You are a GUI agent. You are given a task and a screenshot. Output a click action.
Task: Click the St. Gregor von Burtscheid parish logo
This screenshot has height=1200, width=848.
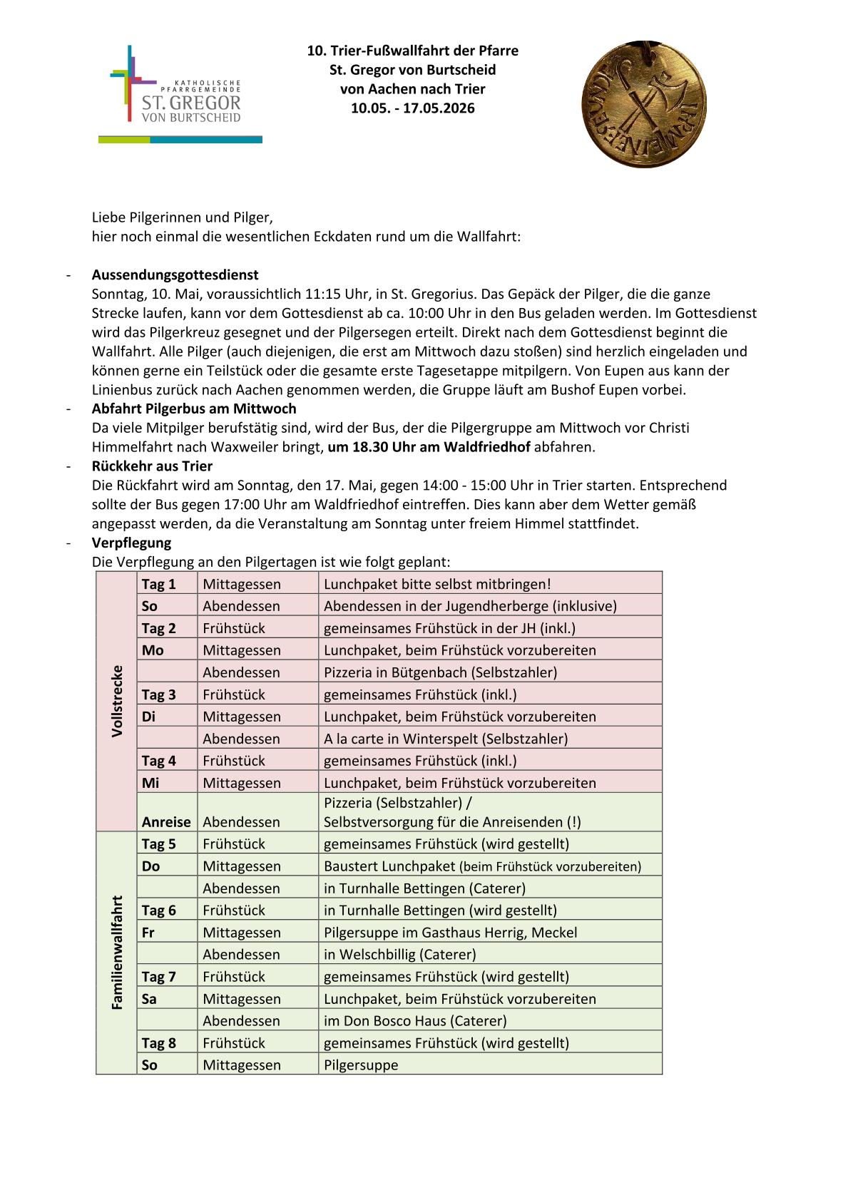coord(180,95)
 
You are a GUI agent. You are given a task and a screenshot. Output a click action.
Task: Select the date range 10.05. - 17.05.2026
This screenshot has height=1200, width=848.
coord(412,108)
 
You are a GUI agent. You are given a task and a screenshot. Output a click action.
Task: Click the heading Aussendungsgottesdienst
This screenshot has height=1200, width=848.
coord(175,275)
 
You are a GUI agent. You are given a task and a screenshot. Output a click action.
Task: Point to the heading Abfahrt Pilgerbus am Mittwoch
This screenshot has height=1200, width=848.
coord(193,409)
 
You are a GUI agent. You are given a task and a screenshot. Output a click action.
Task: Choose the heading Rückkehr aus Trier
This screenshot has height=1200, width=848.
coord(152,466)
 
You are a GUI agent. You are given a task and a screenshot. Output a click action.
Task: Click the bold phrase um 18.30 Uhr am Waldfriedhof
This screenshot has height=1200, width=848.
coord(429,447)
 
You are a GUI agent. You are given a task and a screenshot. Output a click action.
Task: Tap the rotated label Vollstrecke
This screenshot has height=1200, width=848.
coord(117,701)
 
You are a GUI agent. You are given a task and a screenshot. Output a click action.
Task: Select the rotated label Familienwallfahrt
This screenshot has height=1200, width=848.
coord(117,952)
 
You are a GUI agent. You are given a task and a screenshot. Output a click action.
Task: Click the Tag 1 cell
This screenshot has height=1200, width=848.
coord(158,584)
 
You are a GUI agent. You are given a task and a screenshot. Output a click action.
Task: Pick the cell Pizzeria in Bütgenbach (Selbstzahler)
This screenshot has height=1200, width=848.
coord(440,672)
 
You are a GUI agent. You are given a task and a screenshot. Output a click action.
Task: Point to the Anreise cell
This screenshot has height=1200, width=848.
coord(166,821)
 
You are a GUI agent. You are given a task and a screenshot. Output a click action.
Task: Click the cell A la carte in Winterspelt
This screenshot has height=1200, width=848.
coord(446,738)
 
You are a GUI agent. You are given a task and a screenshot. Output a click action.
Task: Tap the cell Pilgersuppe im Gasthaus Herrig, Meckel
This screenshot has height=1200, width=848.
coord(450,932)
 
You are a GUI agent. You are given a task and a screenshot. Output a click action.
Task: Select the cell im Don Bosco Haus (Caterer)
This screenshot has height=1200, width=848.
coord(415,1020)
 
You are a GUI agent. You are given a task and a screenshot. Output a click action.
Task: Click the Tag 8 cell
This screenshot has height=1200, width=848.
coord(158,1042)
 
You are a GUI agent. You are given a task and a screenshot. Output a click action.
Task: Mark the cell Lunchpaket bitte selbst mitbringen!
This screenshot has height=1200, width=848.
coord(437,584)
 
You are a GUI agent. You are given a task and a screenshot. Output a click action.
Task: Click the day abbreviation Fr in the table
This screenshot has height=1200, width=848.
coord(148,932)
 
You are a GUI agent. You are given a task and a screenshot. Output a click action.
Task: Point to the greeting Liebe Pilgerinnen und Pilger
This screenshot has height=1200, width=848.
coord(183,217)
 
